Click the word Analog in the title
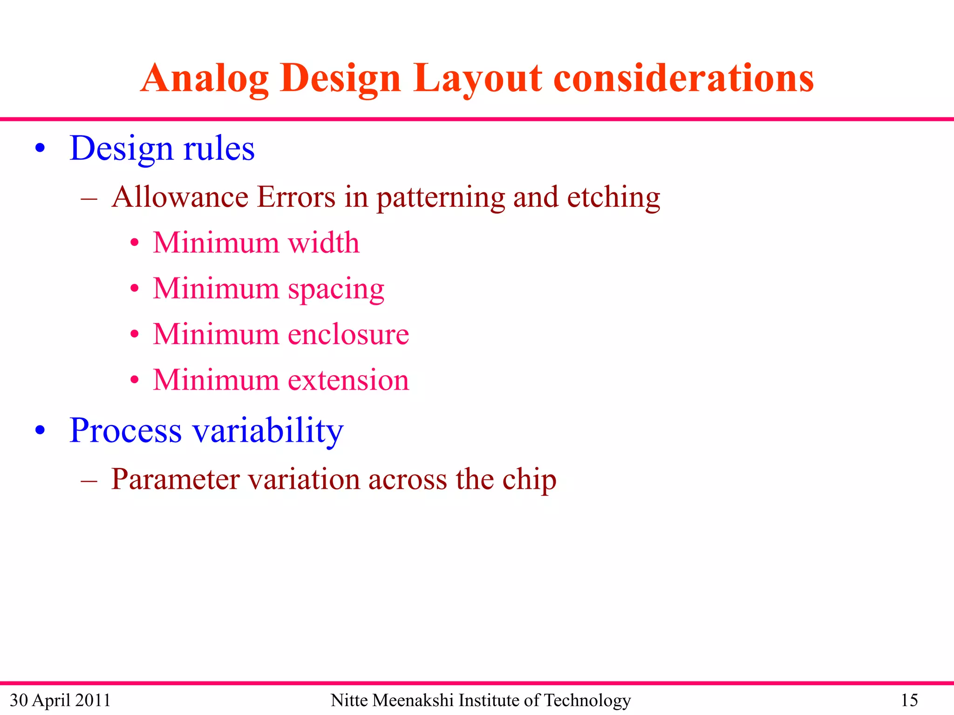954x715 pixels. pos(204,79)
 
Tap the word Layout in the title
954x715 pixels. pos(477,79)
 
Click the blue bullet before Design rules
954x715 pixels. pos(41,149)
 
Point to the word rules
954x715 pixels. pos(219,149)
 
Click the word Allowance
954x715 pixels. pos(180,197)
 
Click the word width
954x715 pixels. pos(324,243)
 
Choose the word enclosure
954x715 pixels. pos(348,335)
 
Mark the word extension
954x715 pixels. pos(348,380)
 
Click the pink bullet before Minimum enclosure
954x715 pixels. pos(135,334)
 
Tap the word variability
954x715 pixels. pos(268,431)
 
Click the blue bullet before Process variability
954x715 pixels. pos(41,431)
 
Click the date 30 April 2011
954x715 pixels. pos(60,700)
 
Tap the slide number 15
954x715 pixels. pos(909,700)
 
